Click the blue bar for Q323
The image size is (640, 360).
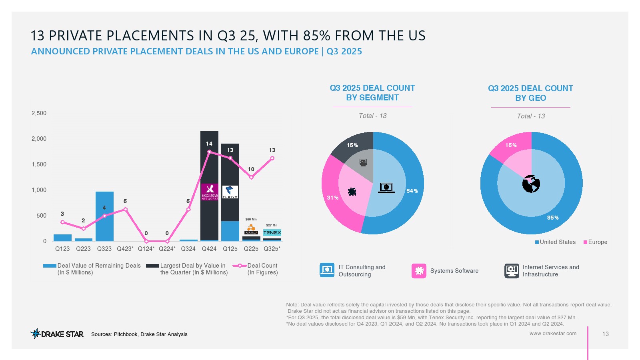[x=104, y=216]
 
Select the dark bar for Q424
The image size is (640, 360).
[x=209, y=160]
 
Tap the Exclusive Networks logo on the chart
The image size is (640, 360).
[x=210, y=192]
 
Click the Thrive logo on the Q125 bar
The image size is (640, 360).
[x=230, y=192]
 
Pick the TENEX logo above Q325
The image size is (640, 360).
[x=272, y=232]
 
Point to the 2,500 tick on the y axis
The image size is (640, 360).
[x=39, y=113]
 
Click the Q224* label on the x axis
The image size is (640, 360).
[x=167, y=249]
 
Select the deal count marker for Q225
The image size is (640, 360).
[x=251, y=177]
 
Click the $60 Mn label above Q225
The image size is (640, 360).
[x=251, y=219]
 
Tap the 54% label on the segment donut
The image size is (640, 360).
[x=412, y=191]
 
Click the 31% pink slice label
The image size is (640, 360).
[x=332, y=198]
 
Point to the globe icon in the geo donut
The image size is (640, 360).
[x=531, y=184]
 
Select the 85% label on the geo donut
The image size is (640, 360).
[x=553, y=218]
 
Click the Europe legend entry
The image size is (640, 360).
[x=596, y=242]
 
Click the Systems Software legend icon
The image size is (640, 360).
[x=419, y=271]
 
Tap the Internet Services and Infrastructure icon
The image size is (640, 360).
[x=512, y=271]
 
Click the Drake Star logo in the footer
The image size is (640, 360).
[x=57, y=334]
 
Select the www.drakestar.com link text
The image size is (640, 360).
[x=553, y=333]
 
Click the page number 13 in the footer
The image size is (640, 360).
[x=605, y=334]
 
